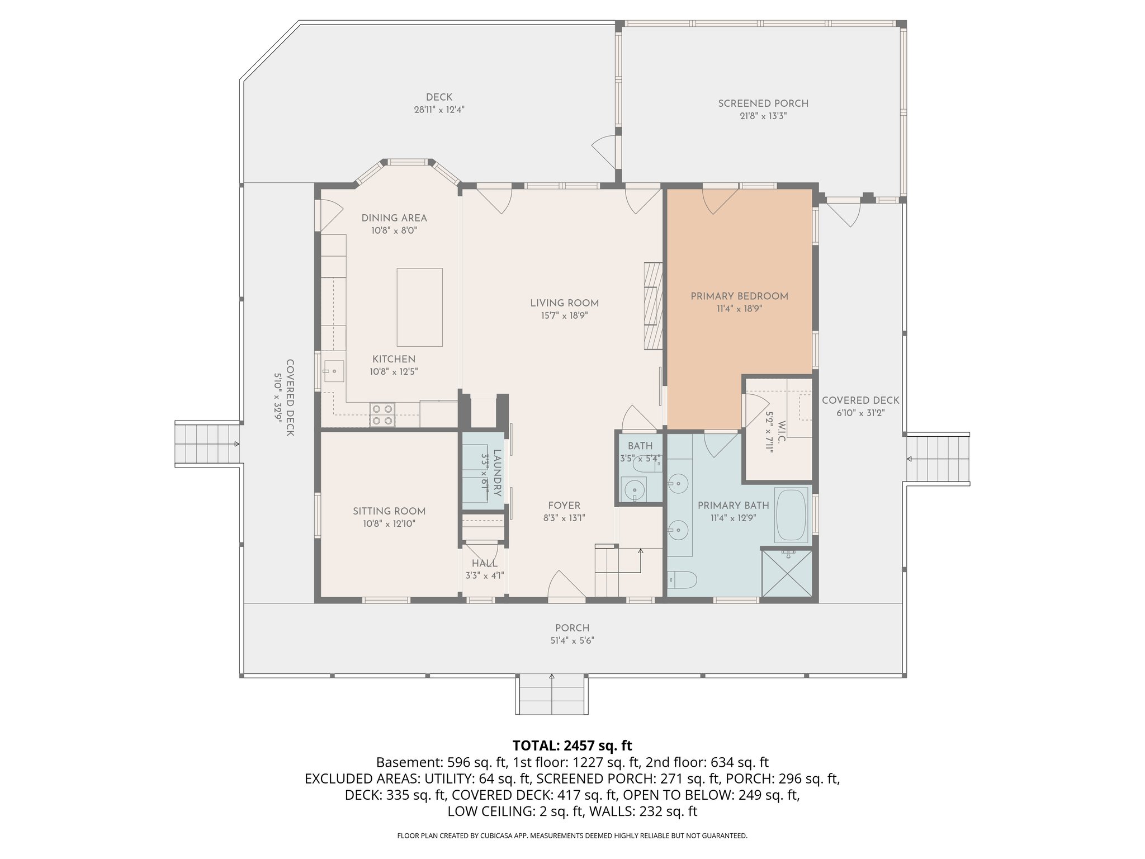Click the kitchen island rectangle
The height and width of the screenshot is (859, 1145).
419,307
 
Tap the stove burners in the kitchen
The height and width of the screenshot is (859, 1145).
382,415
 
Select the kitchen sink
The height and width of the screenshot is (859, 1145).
334,371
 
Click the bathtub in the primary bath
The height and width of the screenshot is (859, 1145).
791,515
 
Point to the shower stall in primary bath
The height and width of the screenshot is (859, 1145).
787,573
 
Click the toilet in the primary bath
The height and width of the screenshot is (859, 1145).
682,580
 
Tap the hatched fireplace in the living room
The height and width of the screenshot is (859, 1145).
653,306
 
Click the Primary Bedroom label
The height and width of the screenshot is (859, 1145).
739,296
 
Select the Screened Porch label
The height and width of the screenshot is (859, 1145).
763,103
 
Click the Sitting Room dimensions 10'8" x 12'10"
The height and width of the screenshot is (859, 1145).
389,524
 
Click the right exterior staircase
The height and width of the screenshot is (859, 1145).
938,459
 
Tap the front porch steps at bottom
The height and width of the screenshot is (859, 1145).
552,695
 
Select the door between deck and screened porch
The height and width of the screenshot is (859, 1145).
605,151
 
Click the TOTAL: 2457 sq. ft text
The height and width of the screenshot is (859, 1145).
572,745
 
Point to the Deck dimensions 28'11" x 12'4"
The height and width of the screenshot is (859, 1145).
439,110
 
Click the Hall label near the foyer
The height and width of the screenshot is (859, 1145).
484,563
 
